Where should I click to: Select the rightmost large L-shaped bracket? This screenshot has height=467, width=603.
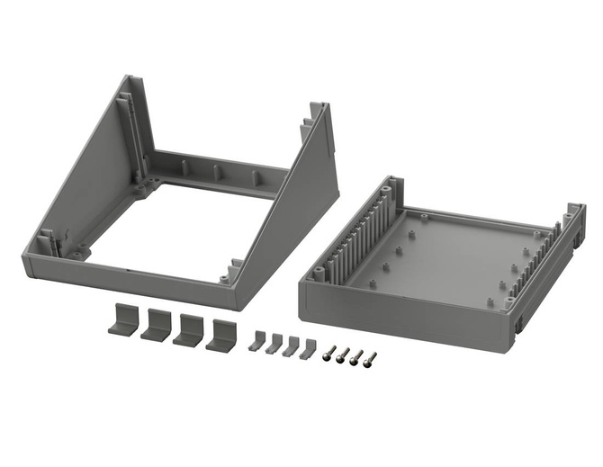pyautogui.click(x=220, y=335)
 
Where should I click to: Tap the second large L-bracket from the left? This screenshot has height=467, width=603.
pyautogui.click(x=156, y=325)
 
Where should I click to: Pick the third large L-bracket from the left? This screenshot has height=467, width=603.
pyautogui.click(x=188, y=329)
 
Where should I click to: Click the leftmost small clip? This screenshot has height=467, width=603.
pyautogui.click(x=257, y=341)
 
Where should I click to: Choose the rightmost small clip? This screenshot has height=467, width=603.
pyautogui.click(x=309, y=349)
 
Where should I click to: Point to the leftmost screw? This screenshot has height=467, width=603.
pyautogui.click(x=330, y=352)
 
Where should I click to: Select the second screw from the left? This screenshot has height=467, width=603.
pyautogui.click(x=343, y=355)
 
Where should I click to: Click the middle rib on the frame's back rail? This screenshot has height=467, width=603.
pyautogui.click(x=217, y=171)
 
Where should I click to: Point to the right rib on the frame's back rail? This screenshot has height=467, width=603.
pyautogui.click(x=255, y=176)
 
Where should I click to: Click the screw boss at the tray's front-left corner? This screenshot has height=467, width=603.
pyautogui.click(x=318, y=272)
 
